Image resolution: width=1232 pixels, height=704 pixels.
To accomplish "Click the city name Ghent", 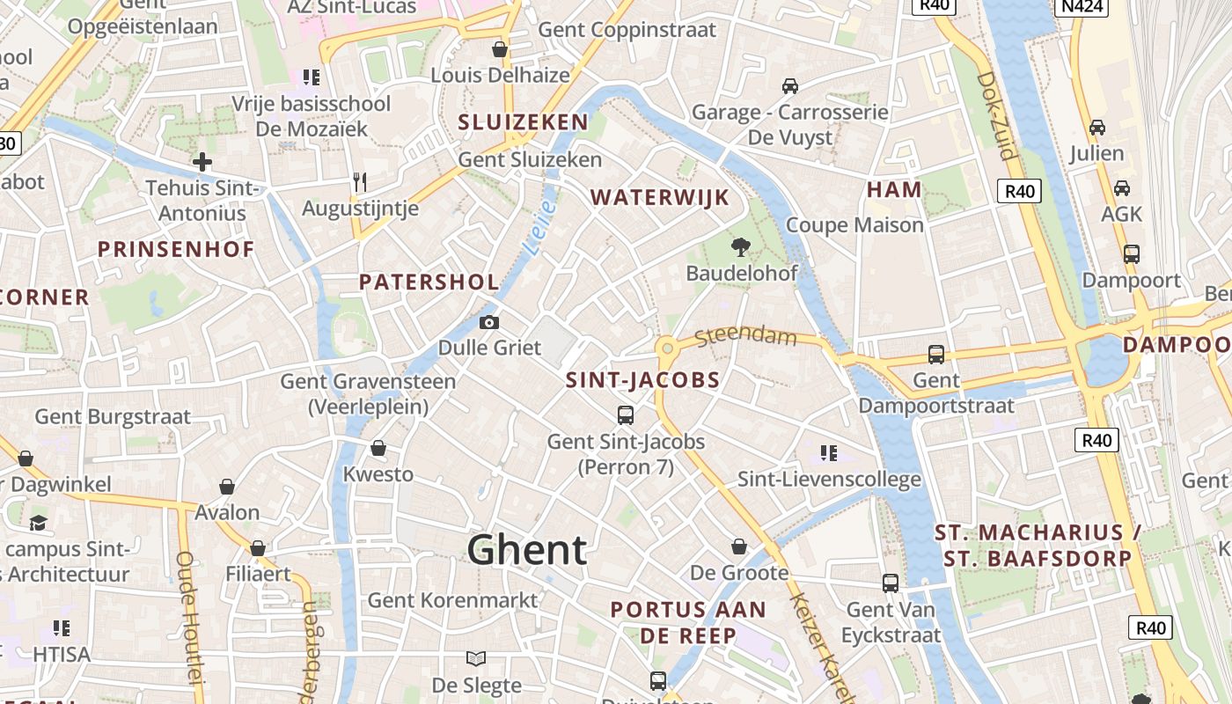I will coord(526,550).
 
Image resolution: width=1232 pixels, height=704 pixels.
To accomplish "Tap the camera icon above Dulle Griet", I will coord(489,323).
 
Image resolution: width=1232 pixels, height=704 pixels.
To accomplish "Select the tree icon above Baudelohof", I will coord(741,247).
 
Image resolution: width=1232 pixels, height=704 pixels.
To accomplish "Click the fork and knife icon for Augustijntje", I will coord(359,182).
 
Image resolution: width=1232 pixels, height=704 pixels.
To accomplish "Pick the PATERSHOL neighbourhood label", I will coord(429,282).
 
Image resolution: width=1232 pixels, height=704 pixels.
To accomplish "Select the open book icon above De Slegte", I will coord(476,658).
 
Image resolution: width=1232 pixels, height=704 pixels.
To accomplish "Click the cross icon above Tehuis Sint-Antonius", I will coord(202,162).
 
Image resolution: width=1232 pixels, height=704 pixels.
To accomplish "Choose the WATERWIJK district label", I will coord(660,197).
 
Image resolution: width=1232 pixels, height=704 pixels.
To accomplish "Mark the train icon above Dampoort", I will coord(1131,254).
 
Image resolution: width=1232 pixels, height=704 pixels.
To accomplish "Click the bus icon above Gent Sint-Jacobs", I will coord(626,414).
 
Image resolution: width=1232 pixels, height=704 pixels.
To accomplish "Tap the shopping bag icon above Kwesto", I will coord(378,449).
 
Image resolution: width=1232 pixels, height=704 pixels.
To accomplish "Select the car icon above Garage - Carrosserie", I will coord(790,86).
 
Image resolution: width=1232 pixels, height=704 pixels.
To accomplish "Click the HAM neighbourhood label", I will coord(894,189).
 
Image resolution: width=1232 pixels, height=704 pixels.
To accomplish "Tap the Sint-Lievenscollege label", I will coord(829,480).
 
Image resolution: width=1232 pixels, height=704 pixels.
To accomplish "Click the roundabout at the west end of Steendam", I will coord(667,348).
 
